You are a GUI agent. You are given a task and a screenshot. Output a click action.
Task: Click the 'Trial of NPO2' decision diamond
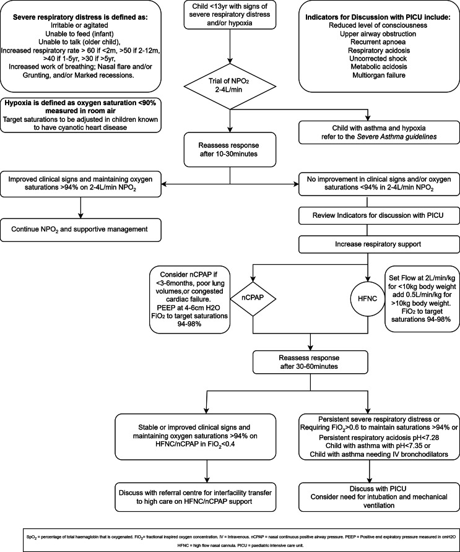click(x=230, y=86)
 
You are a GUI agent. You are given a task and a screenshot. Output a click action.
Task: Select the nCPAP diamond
click(x=253, y=298)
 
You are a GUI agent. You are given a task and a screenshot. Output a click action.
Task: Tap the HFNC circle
click(x=367, y=298)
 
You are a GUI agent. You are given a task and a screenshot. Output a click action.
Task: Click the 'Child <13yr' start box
click(x=230, y=15)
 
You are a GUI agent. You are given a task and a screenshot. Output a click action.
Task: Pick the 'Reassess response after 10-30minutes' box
click(x=230, y=150)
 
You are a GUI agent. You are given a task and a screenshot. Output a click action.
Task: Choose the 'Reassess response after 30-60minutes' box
click(x=310, y=362)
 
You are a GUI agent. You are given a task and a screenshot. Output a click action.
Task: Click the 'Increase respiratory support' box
click(x=379, y=244)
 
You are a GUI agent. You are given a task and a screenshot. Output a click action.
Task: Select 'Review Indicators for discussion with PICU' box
click(x=379, y=215)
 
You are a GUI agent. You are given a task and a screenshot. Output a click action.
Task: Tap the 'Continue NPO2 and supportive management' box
click(x=80, y=230)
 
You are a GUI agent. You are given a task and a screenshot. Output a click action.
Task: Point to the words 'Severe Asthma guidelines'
click(x=397, y=137)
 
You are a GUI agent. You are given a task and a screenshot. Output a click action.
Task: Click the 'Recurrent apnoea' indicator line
click(x=378, y=42)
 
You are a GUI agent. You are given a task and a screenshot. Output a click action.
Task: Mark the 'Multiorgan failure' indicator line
click(x=379, y=75)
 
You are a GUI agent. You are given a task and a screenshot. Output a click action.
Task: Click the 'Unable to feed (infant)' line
click(x=80, y=34)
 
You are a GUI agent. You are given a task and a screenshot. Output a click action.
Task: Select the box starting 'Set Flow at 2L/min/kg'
click(x=422, y=298)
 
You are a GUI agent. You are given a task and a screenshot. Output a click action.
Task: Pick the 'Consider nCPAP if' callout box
click(x=190, y=300)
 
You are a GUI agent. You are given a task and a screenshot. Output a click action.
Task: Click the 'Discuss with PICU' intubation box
click(x=379, y=497)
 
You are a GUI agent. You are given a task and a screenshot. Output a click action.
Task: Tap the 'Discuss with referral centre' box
click(x=196, y=497)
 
